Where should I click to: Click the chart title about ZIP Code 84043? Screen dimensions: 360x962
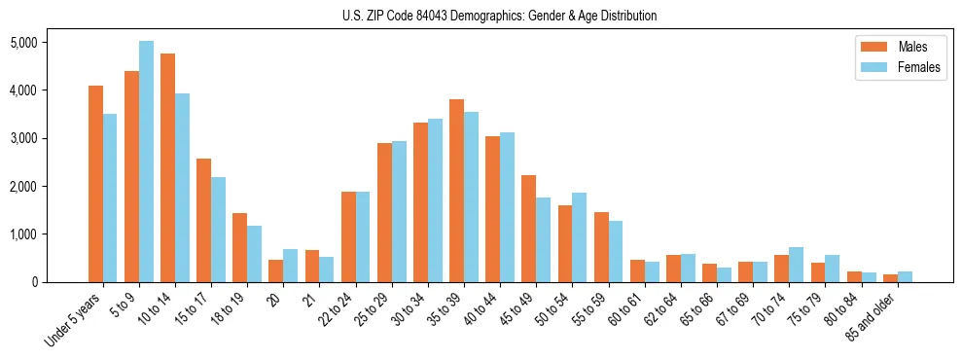pyautogui.click(x=499, y=16)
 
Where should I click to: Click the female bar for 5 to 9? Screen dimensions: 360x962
pyautogui.click(x=146, y=162)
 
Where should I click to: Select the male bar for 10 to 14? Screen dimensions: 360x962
pyautogui.click(x=167, y=167)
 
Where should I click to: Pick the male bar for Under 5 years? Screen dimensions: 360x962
pyautogui.click(x=95, y=184)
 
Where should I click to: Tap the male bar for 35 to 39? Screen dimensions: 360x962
pyautogui.click(x=456, y=191)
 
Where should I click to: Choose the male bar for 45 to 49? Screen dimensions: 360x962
pyautogui.click(x=528, y=229)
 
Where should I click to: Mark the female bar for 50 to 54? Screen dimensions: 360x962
pyautogui.click(x=579, y=237)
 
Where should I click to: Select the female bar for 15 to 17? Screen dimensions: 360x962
pyautogui.click(x=218, y=230)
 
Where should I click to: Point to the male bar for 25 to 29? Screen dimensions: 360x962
pyautogui.click(x=384, y=212)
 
